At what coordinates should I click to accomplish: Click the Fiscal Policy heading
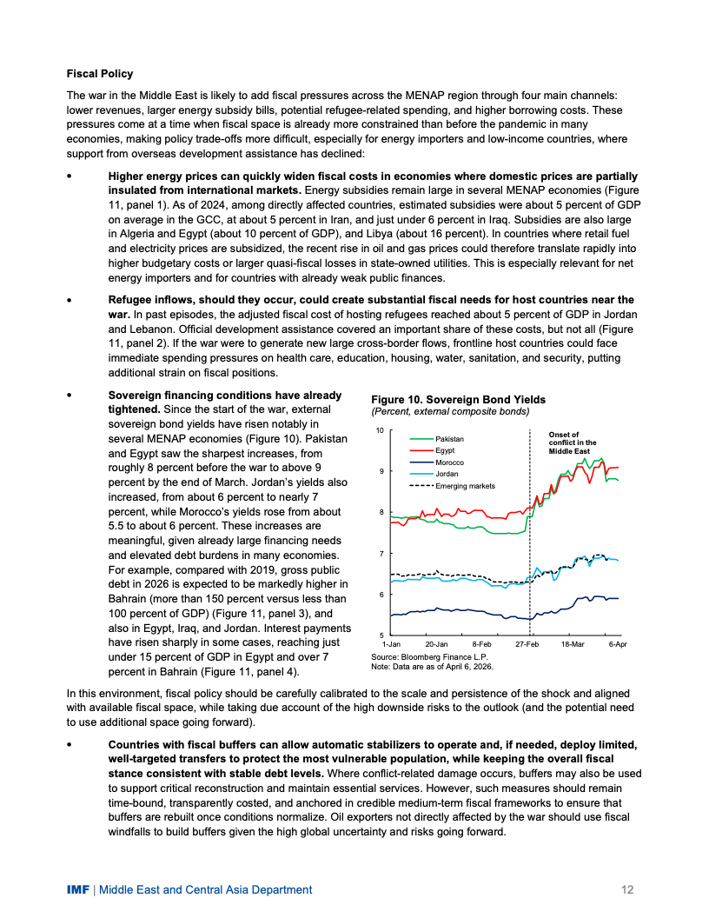tap(100, 74)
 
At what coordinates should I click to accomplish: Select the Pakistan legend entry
tap(449, 439)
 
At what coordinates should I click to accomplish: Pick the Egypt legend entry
tap(445, 450)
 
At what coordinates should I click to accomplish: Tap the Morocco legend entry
tap(448, 462)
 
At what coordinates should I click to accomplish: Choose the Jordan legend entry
tap(447, 474)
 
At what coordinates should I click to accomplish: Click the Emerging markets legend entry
tap(465, 486)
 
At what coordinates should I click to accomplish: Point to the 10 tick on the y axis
tap(380, 430)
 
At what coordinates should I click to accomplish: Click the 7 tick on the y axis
tap(381, 554)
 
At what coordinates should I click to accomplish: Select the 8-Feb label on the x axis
tap(481, 643)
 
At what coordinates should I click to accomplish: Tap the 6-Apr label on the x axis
tap(617, 643)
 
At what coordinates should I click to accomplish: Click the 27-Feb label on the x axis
tap(527, 643)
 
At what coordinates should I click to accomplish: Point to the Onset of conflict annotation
tap(573, 443)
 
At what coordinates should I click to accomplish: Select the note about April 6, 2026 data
tap(432, 667)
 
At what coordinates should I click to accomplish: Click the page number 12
tap(626, 889)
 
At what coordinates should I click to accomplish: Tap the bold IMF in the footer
tap(78, 889)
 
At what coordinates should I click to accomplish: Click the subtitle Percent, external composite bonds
tap(450, 410)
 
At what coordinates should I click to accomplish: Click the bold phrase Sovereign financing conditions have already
tap(224, 395)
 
